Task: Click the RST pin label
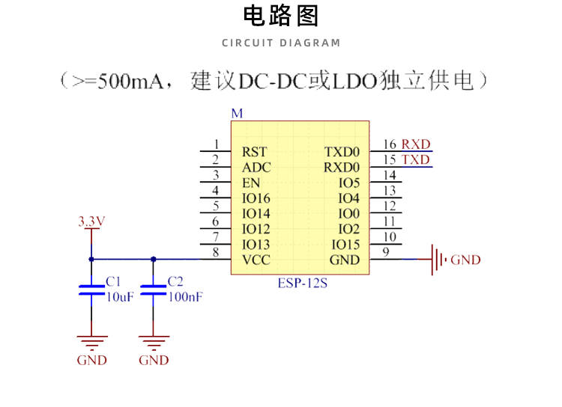(255, 152)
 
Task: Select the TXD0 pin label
(342, 152)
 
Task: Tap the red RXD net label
(416, 144)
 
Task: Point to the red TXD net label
(416, 160)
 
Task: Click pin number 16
(390, 144)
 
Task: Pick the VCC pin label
(256, 260)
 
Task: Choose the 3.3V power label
(91, 221)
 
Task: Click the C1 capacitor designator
(113, 281)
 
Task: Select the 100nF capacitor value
(185, 297)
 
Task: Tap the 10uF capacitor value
(120, 297)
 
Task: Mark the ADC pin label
(256, 168)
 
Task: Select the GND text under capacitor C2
(154, 360)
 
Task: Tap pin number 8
(216, 253)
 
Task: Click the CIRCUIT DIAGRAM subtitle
(281, 43)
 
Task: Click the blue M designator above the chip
(237, 114)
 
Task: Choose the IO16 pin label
(256, 198)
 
